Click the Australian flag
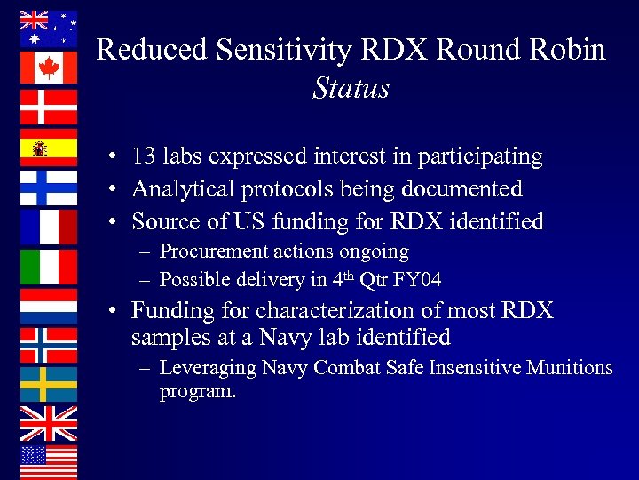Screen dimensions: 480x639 (49, 28)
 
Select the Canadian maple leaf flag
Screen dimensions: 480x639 (49, 68)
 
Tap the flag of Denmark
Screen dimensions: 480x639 (49, 108)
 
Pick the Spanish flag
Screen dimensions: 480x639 (49, 148)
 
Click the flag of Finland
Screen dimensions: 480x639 (49, 187)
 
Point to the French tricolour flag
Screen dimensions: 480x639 (49, 227)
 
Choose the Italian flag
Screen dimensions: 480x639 (49, 266)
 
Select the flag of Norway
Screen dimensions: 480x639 (49, 345)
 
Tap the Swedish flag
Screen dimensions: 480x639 (49, 384)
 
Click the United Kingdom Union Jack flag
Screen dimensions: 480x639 (49, 424)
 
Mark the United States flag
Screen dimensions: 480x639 (49, 462)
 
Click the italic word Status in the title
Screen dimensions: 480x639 (351, 88)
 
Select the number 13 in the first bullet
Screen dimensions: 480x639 (144, 156)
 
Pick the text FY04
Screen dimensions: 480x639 (420, 281)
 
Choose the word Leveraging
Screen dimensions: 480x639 (208, 368)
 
